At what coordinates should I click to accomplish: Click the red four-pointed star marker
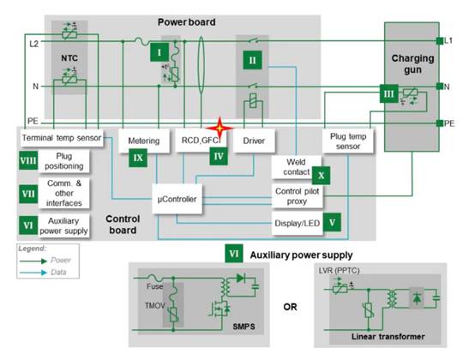[x=221, y=127]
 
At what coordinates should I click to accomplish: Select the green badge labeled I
[x=158, y=52]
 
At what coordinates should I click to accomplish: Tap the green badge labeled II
[x=252, y=62]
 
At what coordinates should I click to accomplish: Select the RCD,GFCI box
[x=200, y=139]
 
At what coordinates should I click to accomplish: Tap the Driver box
[x=253, y=139]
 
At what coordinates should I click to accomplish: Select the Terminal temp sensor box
[x=59, y=136]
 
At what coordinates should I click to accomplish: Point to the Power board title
[x=186, y=21]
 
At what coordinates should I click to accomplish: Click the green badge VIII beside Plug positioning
[x=27, y=160]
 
